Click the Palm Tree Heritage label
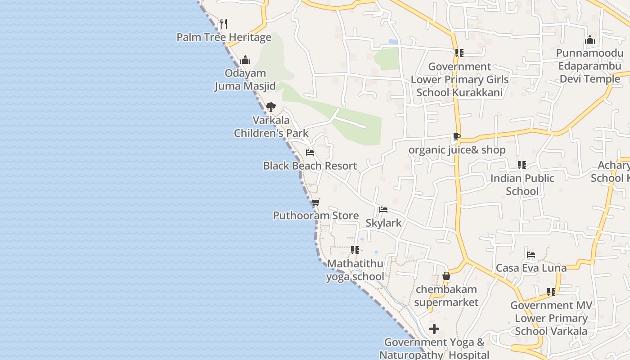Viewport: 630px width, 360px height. pyautogui.click(x=224, y=37)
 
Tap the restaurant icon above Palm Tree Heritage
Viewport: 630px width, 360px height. pyautogui.click(x=223, y=23)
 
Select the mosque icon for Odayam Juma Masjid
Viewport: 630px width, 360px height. pyautogui.click(x=245, y=60)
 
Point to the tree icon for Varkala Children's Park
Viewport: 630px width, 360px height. pyautogui.click(x=270, y=107)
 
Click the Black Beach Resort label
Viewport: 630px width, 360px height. pyautogui.click(x=310, y=166)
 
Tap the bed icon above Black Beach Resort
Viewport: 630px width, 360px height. pyautogui.click(x=310, y=153)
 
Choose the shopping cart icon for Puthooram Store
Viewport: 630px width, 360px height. pyautogui.click(x=315, y=202)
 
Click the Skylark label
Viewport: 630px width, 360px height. pyautogui.click(x=383, y=223)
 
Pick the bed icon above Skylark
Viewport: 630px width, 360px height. pyautogui.click(x=383, y=210)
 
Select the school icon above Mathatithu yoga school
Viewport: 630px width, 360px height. pyautogui.click(x=355, y=250)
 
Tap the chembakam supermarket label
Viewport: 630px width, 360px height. pyautogui.click(x=446, y=296)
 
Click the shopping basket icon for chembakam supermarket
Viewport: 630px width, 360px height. pyautogui.click(x=446, y=276)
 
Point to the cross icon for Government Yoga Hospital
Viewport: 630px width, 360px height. pyautogui.click(x=434, y=329)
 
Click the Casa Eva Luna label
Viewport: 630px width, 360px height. pyautogui.click(x=531, y=268)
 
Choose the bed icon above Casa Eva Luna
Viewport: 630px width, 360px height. pyautogui.click(x=531, y=255)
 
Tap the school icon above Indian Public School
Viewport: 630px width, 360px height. pyautogui.click(x=522, y=165)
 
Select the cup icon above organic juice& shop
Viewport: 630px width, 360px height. pyautogui.click(x=457, y=137)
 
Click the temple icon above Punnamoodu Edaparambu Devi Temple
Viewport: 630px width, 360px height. pyautogui.click(x=590, y=40)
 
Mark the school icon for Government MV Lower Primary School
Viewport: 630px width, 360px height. pyautogui.click(x=551, y=292)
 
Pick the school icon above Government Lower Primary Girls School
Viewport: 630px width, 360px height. pyautogui.click(x=459, y=53)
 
